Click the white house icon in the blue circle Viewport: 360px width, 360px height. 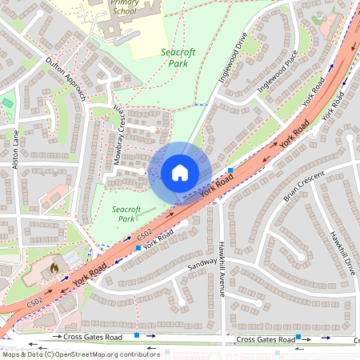click(180, 173)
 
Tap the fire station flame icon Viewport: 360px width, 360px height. click(54, 266)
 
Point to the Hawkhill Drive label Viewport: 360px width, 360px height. click(342, 253)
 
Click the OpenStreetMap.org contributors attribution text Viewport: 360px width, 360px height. click(102, 354)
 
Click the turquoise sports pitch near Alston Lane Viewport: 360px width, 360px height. click(8, 103)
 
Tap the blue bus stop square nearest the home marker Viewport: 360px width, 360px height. click(230, 171)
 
